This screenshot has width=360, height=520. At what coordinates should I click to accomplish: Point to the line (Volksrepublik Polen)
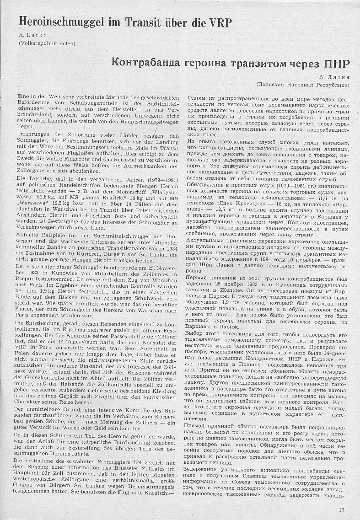click(47, 43)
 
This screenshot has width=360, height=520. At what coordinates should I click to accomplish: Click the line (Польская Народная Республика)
click(302, 85)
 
